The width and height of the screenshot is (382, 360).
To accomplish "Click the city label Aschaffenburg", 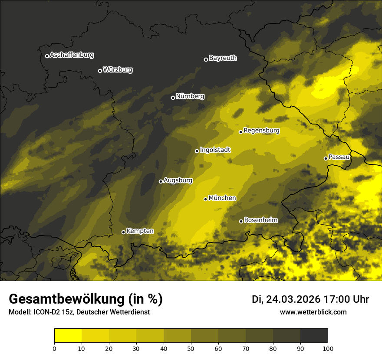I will point(72,55).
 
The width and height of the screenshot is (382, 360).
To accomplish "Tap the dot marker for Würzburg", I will point(100,71).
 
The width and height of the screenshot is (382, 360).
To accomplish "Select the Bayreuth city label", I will point(223,58).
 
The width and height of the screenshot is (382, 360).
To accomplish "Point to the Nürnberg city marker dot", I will point(173,98).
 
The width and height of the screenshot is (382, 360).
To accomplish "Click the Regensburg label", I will point(261,131).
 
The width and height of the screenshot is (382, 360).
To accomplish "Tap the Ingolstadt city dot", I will point(197,151).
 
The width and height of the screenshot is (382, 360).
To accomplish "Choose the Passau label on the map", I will point(339,157).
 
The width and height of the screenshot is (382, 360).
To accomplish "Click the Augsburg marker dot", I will point(161,181).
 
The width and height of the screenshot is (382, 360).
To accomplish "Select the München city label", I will point(222,198).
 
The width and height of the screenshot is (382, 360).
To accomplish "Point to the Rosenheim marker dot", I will point(241,221).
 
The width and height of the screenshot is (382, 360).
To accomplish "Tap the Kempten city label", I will point(140,231).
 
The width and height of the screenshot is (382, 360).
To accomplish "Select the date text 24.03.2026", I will point(293,299).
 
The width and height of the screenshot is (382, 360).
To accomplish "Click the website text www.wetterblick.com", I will point(313,312).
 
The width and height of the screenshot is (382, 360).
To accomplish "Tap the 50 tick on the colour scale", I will point(191,348).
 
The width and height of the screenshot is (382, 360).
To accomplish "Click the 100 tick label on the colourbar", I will point(328,348).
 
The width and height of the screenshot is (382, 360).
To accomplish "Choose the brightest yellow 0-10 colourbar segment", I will point(68,336).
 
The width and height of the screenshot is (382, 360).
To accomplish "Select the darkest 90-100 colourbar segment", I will point(314,336).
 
